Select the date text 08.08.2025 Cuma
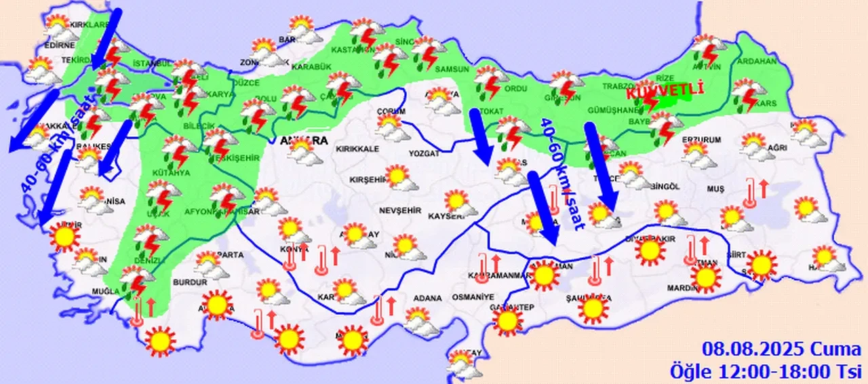tap(781, 350)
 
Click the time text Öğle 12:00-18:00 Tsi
tap(766, 370)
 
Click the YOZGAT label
tap(424, 153)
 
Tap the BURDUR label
tap(190, 282)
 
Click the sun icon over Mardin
tap(705, 277)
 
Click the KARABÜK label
tap(311, 66)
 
